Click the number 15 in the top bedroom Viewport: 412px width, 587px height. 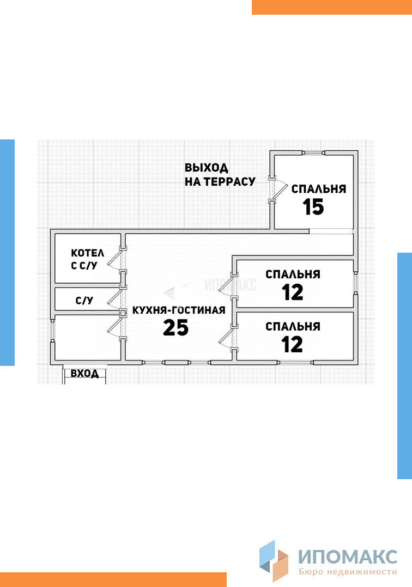click(313, 207)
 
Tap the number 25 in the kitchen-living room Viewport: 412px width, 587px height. click(175, 328)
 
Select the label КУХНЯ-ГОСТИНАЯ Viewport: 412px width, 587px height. click(179, 310)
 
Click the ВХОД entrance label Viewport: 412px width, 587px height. click(84, 374)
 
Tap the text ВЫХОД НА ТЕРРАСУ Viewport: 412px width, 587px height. click(220, 175)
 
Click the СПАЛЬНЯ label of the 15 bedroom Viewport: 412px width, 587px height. click(319, 189)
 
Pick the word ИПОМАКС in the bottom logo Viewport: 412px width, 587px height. click(348, 557)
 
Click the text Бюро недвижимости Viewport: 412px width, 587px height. click(348, 572)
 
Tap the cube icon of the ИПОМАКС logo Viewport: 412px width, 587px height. click(274, 561)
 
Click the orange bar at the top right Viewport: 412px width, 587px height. click(331, 7)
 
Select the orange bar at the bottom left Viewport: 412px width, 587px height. click(113, 579)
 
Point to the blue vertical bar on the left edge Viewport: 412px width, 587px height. click(7, 252)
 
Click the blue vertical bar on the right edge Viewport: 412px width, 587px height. click(404, 365)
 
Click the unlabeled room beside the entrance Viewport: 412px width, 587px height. click(87, 338)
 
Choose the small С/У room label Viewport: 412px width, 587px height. click(84, 300)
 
